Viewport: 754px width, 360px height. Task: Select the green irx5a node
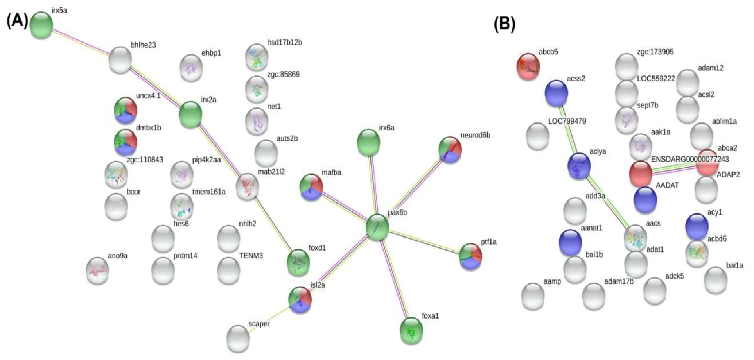click(x=41, y=25)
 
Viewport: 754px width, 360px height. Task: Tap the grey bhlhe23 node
click(x=120, y=60)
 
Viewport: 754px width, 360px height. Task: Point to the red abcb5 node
click(x=528, y=66)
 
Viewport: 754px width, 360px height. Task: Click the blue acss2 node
click(x=556, y=93)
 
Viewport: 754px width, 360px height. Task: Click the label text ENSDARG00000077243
click(x=690, y=159)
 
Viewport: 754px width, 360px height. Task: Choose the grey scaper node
click(x=238, y=338)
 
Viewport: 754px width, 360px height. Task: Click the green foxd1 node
click(x=298, y=262)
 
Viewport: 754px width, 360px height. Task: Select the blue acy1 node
click(x=697, y=226)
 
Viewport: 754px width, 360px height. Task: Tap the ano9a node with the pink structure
click(x=97, y=271)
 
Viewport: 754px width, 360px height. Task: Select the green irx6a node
click(x=368, y=142)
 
